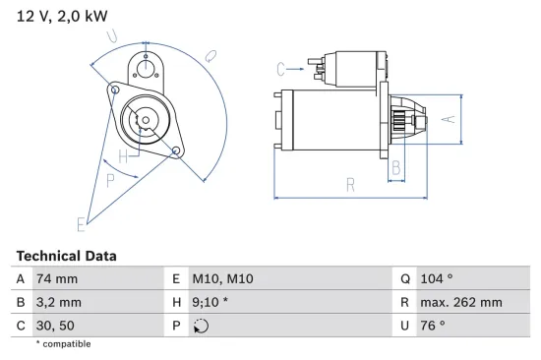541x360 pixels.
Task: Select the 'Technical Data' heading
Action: [x=66, y=256]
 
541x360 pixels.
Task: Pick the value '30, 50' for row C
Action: [x=54, y=327]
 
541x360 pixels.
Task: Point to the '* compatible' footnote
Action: [x=63, y=344]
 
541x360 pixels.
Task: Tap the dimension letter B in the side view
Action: [x=395, y=167]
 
